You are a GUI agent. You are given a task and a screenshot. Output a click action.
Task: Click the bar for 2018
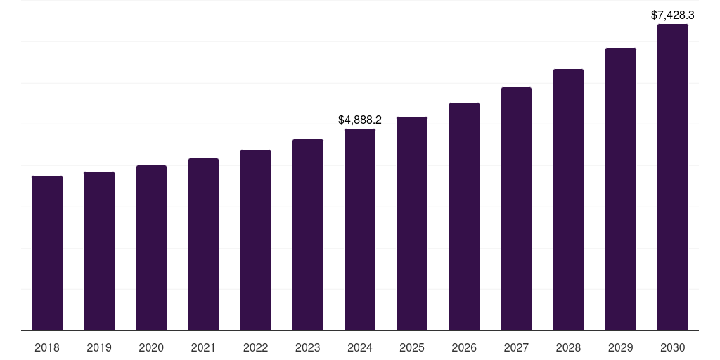point(47,253)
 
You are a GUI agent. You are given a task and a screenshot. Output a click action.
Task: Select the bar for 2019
point(99,251)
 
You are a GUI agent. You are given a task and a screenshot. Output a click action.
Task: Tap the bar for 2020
point(151,248)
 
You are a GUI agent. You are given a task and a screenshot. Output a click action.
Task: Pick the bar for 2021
point(203,245)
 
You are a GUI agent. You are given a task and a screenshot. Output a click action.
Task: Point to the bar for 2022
point(255,240)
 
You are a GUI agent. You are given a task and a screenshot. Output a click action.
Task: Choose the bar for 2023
point(308,235)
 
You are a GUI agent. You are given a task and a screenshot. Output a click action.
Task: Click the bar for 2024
point(360,230)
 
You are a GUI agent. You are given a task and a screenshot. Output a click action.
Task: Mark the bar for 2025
point(412,224)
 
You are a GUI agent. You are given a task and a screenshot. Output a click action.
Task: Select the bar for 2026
point(464,217)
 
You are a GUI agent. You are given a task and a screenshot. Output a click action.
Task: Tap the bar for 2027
point(516,209)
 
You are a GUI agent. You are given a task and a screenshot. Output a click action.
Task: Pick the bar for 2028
point(568,200)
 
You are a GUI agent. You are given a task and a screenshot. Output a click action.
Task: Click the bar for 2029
point(621,189)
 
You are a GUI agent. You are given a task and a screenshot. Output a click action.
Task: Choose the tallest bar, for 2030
point(673,177)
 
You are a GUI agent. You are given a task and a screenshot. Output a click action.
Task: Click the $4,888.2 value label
point(360,120)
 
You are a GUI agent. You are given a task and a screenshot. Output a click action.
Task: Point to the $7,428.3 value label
point(673,15)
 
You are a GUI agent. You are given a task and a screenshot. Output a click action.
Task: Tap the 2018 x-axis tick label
point(47,347)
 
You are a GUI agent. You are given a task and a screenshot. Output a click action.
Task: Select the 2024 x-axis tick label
point(360,347)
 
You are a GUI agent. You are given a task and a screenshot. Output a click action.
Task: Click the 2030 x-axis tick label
point(673,347)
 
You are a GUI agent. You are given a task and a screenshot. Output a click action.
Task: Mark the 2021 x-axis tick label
point(203,347)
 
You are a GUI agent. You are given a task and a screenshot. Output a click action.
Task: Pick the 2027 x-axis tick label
point(516,347)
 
